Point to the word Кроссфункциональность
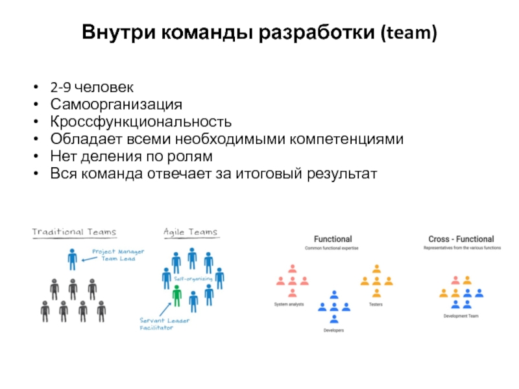(x=141, y=122)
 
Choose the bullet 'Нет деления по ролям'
(x=131, y=157)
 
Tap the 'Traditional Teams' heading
(x=75, y=232)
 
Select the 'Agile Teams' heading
(x=191, y=232)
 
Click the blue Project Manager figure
(x=72, y=259)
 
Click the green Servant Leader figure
(x=176, y=296)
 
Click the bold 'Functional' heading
(x=333, y=239)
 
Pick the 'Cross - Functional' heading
(x=461, y=239)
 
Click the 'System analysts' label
(x=289, y=303)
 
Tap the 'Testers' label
(x=376, y=303)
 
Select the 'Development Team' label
(x=461, y=316)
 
